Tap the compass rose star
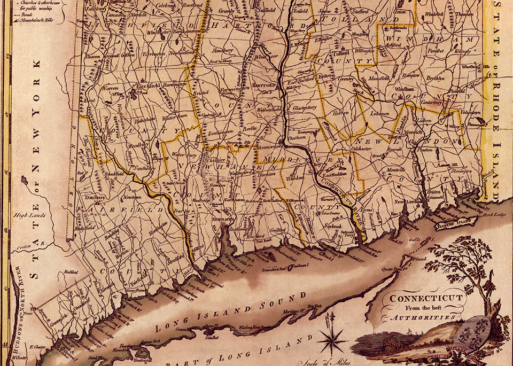(331, 339)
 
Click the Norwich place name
(413, 131)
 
